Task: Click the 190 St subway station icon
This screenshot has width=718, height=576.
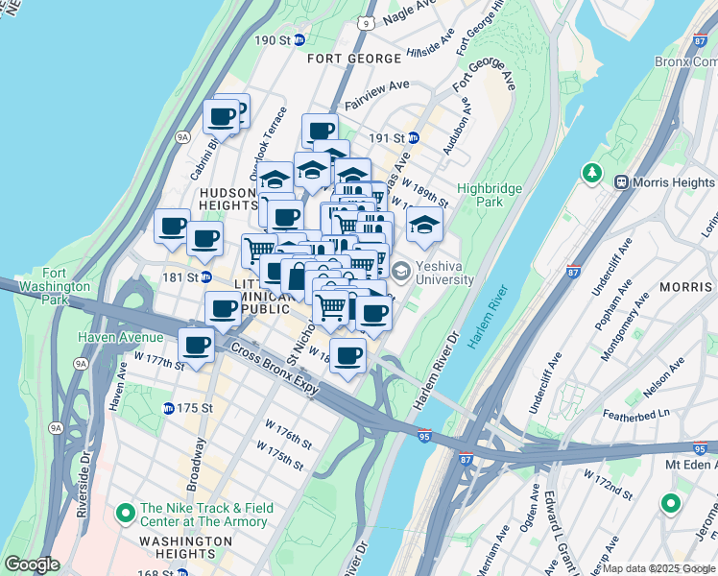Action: (x=299, y=40)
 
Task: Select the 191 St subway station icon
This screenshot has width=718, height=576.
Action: (x=413, y=138)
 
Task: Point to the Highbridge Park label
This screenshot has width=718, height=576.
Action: (x=479, y=195)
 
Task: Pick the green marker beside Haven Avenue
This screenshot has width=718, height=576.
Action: (x=66, y=338)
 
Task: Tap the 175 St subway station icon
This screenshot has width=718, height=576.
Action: (x=168, y=408)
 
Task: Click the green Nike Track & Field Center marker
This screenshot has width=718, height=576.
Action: (x=125, y=514)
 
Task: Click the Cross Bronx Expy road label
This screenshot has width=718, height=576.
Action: (x=272, y=367)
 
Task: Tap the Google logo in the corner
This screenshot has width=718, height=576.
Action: (x=32, y=564)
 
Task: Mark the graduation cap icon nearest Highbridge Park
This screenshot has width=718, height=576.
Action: (x=423, y=226)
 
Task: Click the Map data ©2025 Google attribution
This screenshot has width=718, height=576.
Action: (x=658, y=568)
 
